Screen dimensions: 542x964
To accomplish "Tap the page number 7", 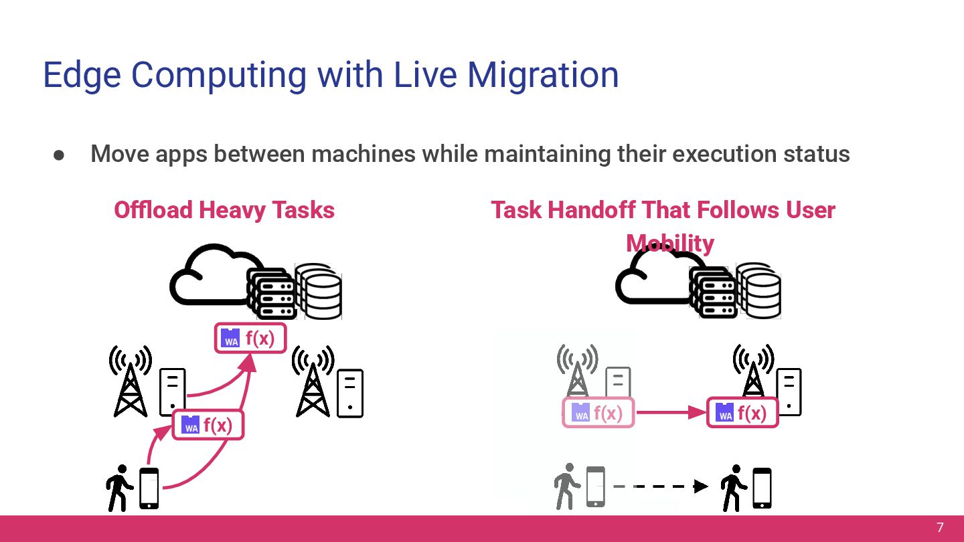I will click(940, 527).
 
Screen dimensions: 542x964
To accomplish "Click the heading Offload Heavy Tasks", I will click(224, 210).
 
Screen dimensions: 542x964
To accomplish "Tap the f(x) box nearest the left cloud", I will click(250, 339).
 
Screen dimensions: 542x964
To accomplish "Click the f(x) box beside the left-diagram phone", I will click(208, 425).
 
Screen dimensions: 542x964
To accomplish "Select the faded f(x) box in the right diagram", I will click(598, 414).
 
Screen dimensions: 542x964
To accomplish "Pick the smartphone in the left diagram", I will click(149, 488).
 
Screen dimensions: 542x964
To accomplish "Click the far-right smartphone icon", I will click(762, 488).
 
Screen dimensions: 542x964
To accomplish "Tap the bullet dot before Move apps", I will click(59, 155).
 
